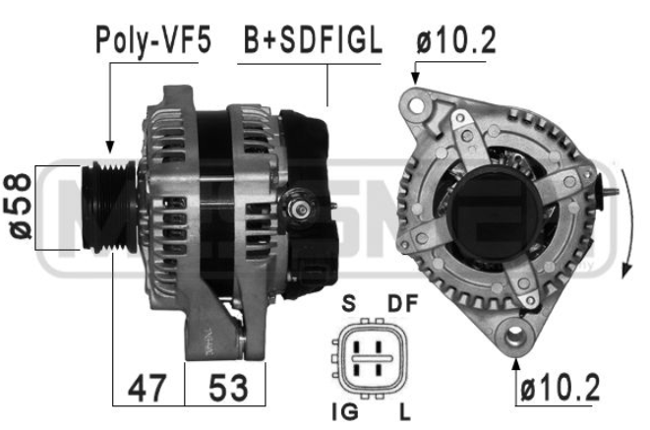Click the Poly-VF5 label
[153, 40]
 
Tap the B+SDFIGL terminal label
[313, 40]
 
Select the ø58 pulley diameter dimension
[18, 206]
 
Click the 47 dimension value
[148, 388]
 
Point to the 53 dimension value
[228, 388]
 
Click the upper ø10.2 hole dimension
[456, 40]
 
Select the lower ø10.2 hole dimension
[560, 388]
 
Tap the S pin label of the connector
[349, 303]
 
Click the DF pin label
[402, 303]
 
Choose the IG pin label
[345, 412]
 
